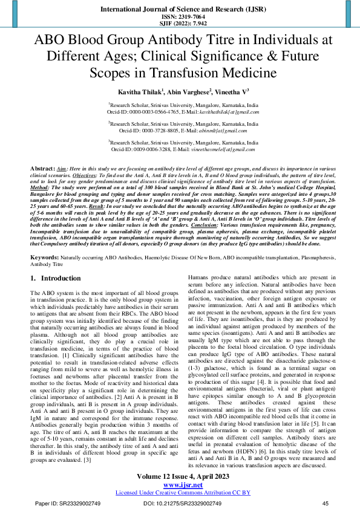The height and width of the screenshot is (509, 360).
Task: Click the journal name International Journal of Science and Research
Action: [180, 10]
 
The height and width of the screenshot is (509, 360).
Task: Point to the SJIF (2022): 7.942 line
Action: [180, 24]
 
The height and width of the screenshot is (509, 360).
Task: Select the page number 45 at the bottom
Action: [325, 503]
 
